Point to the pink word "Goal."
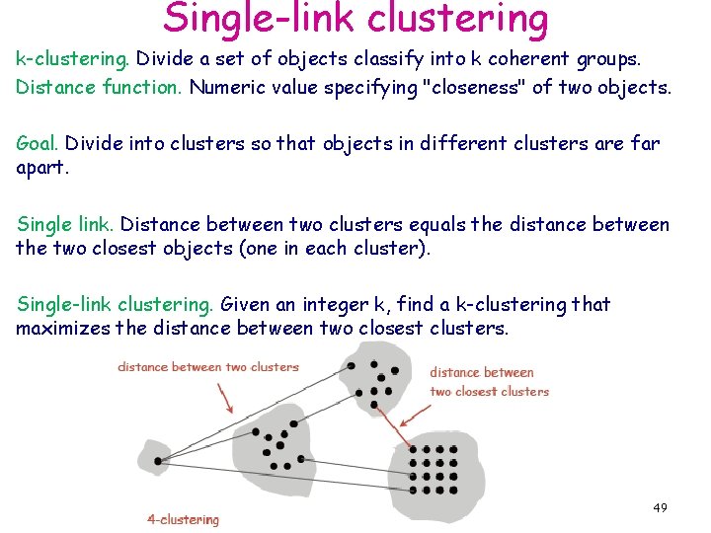38,144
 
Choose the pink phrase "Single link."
65,225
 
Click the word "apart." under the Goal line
41,167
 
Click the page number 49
660,507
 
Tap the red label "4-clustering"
183,519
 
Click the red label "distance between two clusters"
207,367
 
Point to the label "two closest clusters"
489,391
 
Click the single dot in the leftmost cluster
155,458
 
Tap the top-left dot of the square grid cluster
413,449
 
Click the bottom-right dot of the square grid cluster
453,490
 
